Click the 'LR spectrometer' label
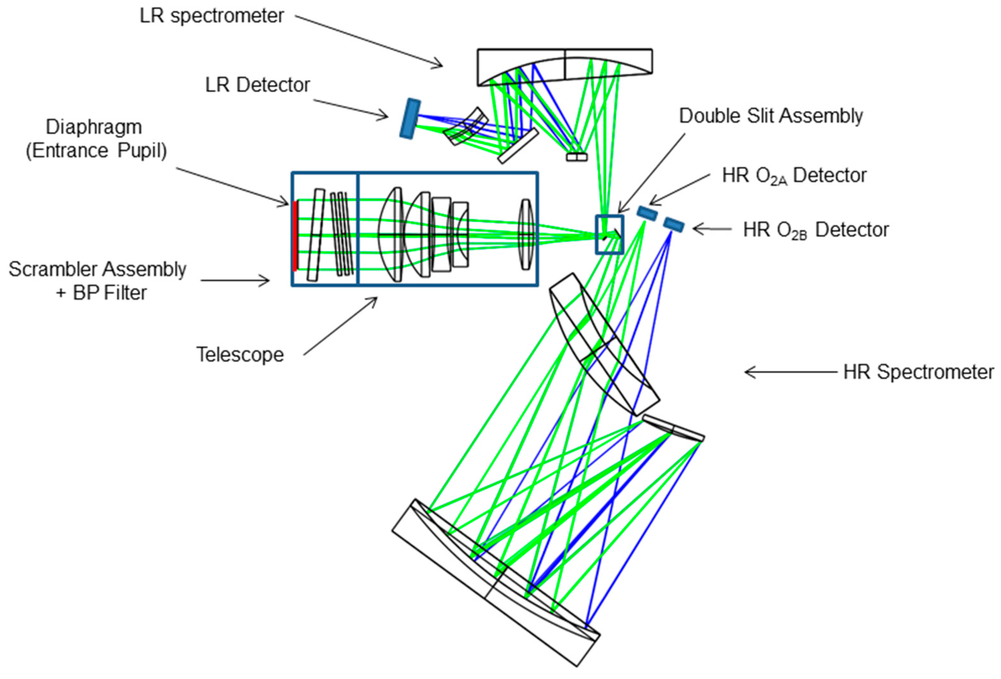(211, 16)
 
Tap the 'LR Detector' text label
(257, 85)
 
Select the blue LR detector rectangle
(410, 119)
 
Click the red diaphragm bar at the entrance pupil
(295, 236)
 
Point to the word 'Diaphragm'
(93, 127)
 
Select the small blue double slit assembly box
(609, 234)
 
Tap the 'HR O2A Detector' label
(794, 176)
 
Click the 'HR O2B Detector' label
(815, 230)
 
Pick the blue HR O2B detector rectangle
(673, 225)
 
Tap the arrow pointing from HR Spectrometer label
(790, 372)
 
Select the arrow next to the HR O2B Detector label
(711, 229)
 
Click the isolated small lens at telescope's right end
(526, 234)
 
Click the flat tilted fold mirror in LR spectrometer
(518, 146)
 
